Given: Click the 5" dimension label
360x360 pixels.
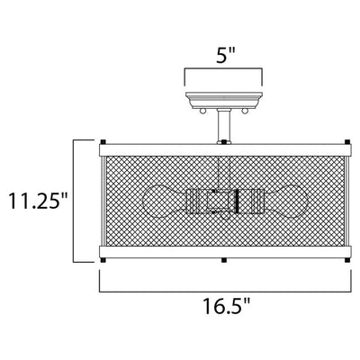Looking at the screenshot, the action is click(x=225, y=55).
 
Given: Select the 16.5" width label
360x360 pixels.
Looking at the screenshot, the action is click(x=227, y=306).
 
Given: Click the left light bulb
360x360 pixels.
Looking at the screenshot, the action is click(x=165, y=201).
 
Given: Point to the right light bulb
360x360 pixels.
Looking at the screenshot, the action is click(x=285, y=201).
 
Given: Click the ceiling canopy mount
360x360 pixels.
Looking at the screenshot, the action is click(x=224, y=100).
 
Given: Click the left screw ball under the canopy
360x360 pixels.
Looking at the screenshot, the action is click(x=202, y=112).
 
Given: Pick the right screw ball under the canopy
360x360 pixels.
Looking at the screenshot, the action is click(x=246, y=112).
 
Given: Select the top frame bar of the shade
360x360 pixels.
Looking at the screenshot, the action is click(x=225, y=150).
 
